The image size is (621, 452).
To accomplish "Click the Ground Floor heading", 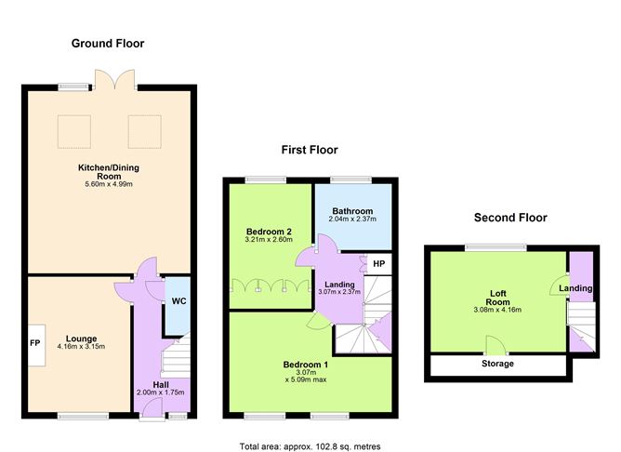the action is tap(108, 44).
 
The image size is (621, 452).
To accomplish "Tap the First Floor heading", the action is tap(310, 150).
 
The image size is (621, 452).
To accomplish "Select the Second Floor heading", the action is tap(510, 218).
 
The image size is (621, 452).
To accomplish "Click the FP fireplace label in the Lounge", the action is tap(34, 342).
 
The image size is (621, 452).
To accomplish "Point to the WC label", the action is tap(179, 301).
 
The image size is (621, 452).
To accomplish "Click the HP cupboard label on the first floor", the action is tap(379, 263).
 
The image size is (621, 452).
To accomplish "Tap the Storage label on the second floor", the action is tap(497, 364).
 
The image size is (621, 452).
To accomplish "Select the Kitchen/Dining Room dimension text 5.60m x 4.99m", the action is tap(109, 184).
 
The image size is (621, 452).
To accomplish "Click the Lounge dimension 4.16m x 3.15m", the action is tap(81, 347).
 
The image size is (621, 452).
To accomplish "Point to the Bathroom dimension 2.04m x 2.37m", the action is tap(352, 219).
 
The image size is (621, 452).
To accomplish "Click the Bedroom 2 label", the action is tap(269, 232).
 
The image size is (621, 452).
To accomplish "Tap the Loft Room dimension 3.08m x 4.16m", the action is tap(497, 310).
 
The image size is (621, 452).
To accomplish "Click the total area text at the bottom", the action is tap(310, 446).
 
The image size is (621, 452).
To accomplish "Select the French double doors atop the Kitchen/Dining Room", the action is tap(115, 79).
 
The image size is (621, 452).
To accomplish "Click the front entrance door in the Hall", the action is tap(152, 408).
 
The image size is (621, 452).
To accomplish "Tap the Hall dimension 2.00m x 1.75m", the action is tap(161, 392).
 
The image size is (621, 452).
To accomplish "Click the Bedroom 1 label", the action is tap(305, 365).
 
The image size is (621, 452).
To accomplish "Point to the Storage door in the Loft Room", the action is tap(496, 346).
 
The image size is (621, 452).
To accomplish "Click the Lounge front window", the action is tap(83, 416).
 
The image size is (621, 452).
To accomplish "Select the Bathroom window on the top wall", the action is tap(351, 179).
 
